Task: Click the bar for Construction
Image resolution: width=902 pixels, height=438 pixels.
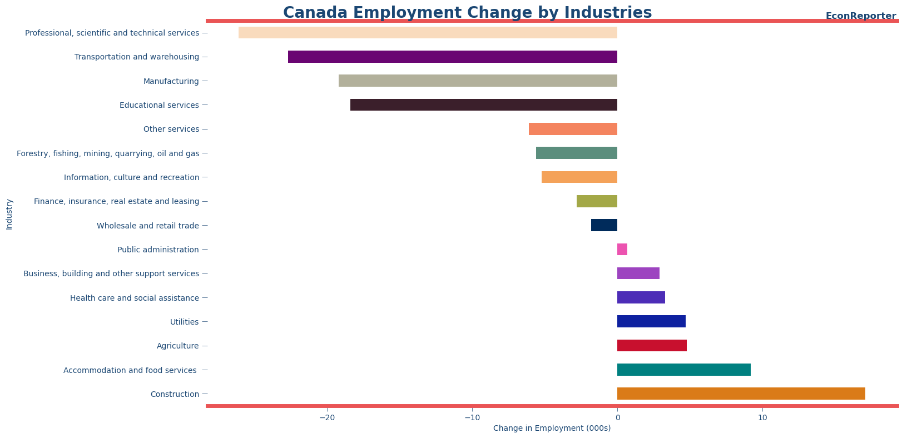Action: coord(741,394)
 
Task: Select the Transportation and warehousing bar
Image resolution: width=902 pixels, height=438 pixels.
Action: coord(452,57)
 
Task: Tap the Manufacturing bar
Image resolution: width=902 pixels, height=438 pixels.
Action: coord(478,81)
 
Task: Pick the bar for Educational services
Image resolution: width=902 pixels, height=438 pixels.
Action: coord(483,105)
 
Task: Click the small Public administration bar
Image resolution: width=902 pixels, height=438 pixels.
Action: coord(622,250)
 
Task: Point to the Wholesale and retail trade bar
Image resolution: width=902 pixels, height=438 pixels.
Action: coord(604,225)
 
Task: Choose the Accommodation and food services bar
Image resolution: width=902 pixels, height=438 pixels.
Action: coord(683,370)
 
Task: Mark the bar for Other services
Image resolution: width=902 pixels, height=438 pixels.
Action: coord(573,129)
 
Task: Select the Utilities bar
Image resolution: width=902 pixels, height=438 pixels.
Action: coord(651,321)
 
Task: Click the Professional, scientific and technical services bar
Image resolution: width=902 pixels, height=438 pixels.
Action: coord(428,33)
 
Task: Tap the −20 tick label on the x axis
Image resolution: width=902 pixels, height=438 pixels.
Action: coord(326,417)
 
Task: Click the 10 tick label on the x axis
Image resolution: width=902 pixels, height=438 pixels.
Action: coord(762,417)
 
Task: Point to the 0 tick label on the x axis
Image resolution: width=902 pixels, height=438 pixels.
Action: coord(617,417)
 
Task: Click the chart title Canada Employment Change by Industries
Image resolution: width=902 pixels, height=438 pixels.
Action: coord(467,12)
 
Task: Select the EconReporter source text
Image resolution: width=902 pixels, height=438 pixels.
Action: coord(860,16)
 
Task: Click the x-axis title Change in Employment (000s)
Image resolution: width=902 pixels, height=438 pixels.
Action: coord(552,428)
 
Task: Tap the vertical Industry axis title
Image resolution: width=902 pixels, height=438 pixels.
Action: coord(9,214)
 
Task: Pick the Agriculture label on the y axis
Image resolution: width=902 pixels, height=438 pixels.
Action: coord(177,346)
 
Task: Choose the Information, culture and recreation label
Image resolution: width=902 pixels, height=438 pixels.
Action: coord(131,177)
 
